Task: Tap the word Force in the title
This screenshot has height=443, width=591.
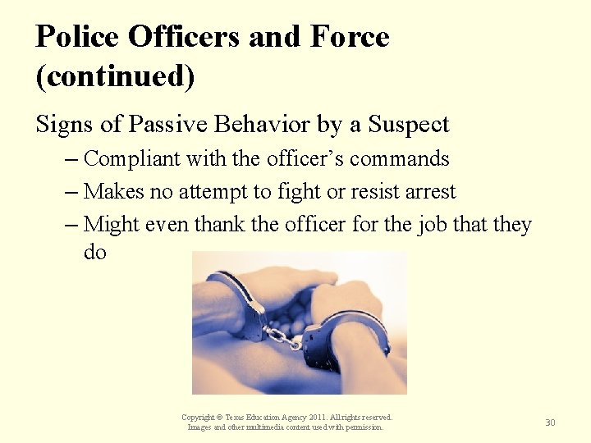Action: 350,37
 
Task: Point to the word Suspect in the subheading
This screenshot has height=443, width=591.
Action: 408,124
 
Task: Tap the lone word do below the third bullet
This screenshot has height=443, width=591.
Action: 95,252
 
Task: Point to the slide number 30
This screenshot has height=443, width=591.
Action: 550,422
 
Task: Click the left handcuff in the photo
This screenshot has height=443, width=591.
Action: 243,304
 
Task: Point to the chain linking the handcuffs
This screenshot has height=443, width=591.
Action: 283,336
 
